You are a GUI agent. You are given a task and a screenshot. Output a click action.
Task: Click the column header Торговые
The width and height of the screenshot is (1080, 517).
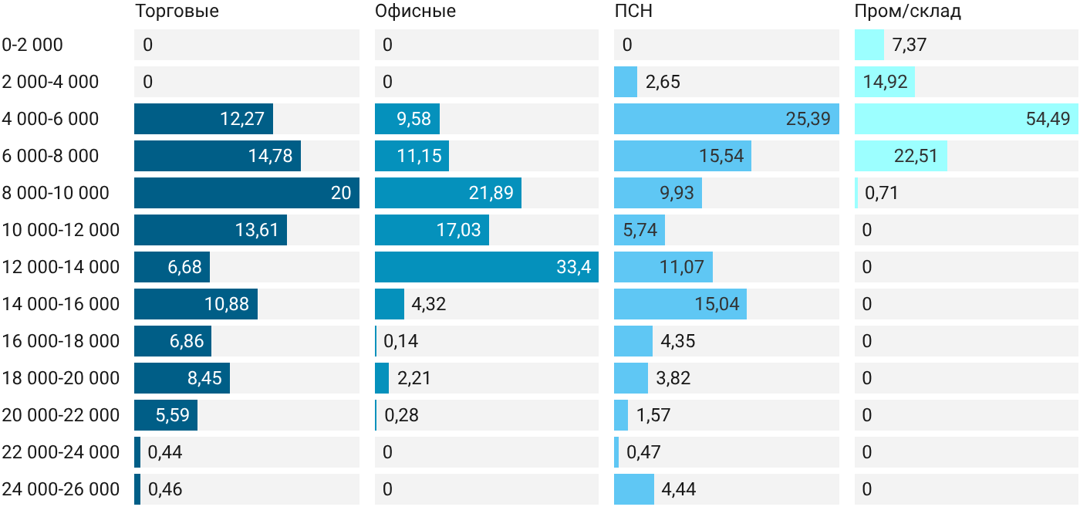point(177,11)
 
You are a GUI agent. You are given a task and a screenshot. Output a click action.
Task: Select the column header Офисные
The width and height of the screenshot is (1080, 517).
point(415,11)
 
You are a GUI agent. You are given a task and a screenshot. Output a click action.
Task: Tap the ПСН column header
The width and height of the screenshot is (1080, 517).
point(633,11)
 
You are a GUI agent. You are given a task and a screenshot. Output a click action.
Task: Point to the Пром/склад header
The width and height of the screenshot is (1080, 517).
point(907,11)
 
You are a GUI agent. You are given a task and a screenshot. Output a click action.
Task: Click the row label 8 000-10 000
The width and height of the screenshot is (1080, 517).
point(56,193)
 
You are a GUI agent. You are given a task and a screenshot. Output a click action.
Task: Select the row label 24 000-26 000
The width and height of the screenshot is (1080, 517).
point(61,489)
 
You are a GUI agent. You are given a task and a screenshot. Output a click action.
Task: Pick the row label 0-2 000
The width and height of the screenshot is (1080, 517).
point(32,45)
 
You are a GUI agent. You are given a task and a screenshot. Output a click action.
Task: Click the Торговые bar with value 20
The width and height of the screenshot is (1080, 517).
point(247,193)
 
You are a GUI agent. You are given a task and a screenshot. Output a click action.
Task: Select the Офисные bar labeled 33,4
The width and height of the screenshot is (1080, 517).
point(487,267)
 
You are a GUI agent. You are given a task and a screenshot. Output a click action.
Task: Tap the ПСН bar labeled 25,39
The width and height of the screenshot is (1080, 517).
point(727,119)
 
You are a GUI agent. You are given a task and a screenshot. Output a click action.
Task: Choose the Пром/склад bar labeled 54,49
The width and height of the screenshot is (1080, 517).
point(966,119)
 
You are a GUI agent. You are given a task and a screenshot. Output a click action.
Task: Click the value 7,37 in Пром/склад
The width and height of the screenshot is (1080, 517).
point(910,45)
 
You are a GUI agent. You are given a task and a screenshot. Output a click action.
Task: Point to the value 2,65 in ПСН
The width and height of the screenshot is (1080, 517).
point(663,82)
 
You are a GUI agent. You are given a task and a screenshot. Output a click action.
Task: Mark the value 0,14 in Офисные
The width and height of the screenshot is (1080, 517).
point(400,341)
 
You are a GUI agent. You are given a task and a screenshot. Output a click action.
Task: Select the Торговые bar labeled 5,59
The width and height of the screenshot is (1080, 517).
point(166,415)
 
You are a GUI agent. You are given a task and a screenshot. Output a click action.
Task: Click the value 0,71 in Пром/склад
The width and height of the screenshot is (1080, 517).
point(881,193)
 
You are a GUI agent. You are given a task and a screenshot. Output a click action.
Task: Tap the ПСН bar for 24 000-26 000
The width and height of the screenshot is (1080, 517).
point(634,489)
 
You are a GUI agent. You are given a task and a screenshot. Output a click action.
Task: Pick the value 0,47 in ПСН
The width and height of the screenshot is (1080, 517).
point(643,452)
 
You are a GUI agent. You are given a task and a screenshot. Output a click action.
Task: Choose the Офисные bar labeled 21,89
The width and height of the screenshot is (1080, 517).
point(448,193)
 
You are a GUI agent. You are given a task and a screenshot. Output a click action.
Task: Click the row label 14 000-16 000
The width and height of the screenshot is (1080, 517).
point(61,304)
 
